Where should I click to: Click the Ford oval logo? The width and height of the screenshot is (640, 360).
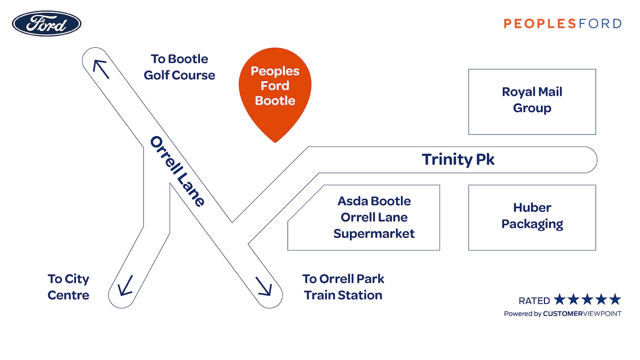(47, 23)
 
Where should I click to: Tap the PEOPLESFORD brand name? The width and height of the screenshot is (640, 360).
(562, 23)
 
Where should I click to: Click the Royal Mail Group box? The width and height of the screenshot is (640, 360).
(532, 102)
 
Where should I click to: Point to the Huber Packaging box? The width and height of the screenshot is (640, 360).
(532, 217)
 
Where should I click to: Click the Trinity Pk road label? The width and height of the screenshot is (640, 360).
(458, 160)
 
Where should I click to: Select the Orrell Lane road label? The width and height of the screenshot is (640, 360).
(177, 171)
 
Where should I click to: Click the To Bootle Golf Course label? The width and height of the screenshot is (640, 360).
(179, 67)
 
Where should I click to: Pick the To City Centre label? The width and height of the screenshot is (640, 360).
(68, 287)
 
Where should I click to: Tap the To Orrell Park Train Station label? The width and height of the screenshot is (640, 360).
(343, 287)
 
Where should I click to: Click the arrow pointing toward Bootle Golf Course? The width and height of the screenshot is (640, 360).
(101, 69)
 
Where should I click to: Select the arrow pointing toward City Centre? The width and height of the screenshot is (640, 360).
(125, 286)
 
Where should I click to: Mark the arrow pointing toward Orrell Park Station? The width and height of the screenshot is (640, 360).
(264, 286)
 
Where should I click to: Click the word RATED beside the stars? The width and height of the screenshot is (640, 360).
(534, 301)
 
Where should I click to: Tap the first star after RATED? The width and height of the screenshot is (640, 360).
(560, 299)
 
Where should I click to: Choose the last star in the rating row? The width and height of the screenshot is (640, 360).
(615, 299)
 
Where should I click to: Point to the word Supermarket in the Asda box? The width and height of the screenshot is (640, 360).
(374, 234)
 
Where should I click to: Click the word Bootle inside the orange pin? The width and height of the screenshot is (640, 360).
(275, 101)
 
